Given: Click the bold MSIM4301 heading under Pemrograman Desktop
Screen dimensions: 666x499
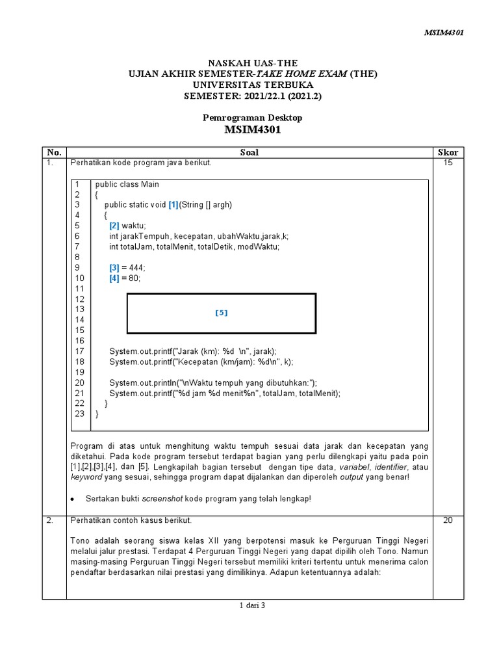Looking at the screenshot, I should tap(252, 130).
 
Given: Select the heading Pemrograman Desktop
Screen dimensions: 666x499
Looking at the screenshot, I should tap(252, 118).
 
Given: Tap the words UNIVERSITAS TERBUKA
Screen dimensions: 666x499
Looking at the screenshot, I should tap(253, 85).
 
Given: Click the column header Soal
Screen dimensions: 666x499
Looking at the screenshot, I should tap(249, 152).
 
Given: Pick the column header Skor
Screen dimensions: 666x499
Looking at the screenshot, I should tap(448, 152).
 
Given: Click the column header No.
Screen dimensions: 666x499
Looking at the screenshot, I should tap(54, 152).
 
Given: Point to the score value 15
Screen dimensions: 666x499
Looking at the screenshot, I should tap(448, 163).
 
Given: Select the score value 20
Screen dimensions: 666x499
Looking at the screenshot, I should tap(448, 520).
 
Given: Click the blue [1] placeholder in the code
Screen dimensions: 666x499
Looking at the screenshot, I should tap(173, 205).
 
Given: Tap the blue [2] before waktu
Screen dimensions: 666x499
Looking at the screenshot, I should tap(114, 225).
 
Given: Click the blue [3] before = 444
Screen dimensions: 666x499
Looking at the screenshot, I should tap(114, 267).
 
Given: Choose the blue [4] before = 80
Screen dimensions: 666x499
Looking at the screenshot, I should tap(114, 278).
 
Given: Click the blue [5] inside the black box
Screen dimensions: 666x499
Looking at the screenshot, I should tap(222, 313).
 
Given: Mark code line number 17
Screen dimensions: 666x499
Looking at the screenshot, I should tap(79, 351).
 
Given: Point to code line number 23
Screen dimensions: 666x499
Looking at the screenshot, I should tap(79, 414).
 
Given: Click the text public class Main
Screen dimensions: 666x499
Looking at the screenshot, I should tap(127, 184).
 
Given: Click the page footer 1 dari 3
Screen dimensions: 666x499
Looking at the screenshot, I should tap(252, 606).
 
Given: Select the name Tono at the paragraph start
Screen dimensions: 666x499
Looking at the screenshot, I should tap(79, 541).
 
